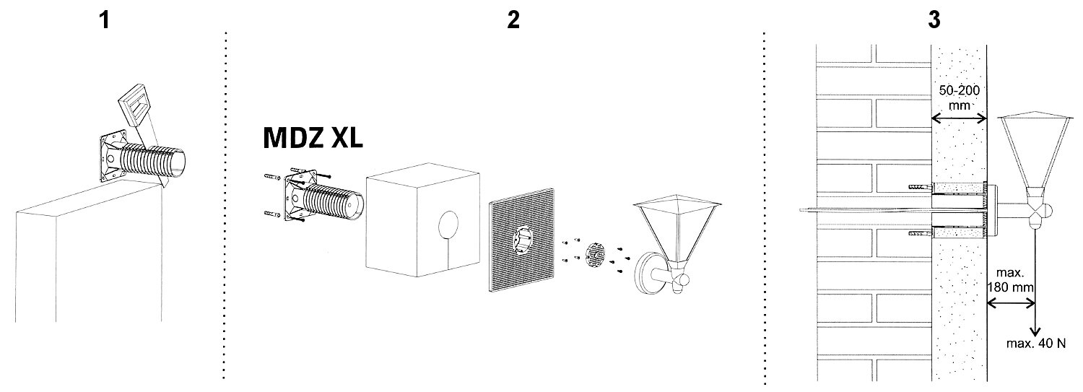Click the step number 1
tap(104, 20)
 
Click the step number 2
tap(513, 19)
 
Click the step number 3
tap(934, 19)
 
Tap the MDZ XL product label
tap(313, 138)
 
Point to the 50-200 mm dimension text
tap(960, 97)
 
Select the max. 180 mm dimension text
tap(1010, 280)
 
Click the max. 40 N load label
tap(1035, 343)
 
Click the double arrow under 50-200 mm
tap(960, 118)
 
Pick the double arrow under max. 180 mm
tap(1011, 303)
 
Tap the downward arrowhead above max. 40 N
tap(1035, 331)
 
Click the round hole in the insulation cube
tap(448, 225)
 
